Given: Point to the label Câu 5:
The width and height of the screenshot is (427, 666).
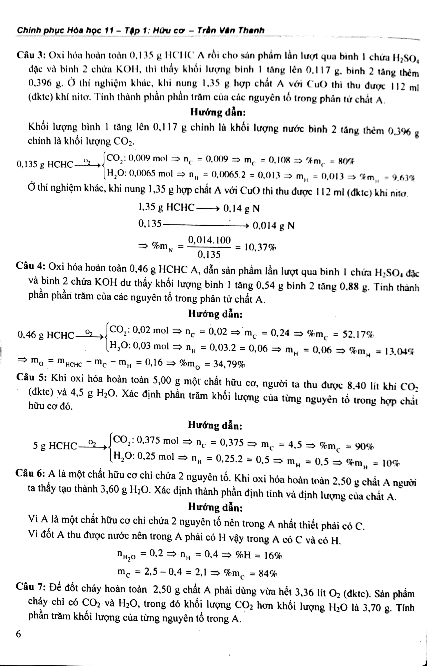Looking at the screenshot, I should click(x=30, y=377).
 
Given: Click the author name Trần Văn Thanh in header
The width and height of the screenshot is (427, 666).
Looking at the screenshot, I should click(x=231, y=30).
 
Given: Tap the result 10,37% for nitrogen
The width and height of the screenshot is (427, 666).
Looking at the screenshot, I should click(x=259, y=247).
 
